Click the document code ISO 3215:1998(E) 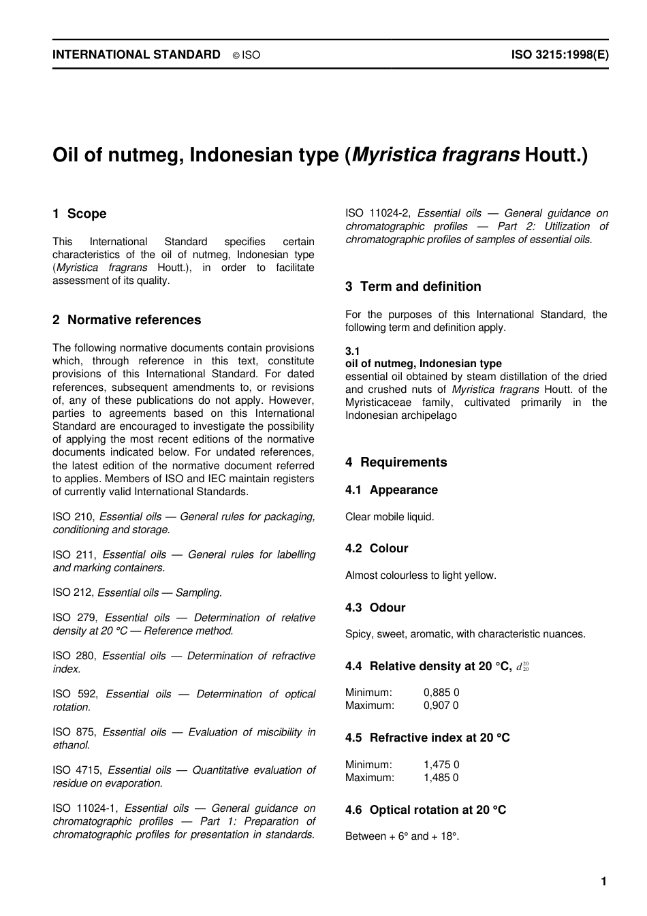560,54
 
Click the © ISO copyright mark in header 247,55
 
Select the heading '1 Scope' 80,214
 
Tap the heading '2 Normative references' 127,320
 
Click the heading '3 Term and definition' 413,287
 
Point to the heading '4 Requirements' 396,462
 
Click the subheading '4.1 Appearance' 391,490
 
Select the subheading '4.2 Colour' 377,548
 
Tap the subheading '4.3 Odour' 375,607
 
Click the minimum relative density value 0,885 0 441,693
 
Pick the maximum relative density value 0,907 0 441,706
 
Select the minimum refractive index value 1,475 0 441,765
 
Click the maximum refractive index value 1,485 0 441,778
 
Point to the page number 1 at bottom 603,882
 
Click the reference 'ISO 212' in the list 73,593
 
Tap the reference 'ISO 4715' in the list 77,770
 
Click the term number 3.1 352,351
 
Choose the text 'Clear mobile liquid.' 390,517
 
